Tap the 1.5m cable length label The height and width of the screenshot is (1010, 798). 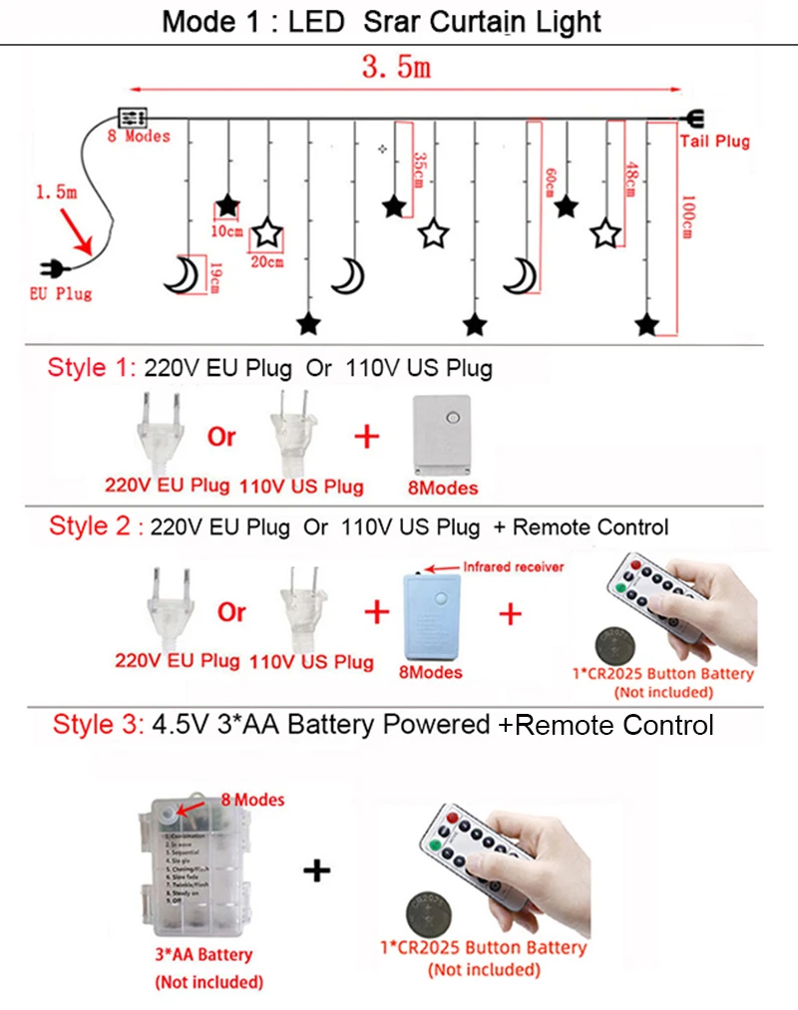click(x=56, y=191)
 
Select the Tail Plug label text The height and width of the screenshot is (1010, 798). click(x=714, y=142)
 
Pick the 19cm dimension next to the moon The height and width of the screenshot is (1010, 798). click(x=213, y=276)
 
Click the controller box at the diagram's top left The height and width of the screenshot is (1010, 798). click(x=134, y=116)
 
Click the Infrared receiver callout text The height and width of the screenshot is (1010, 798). click(x=514, y=566)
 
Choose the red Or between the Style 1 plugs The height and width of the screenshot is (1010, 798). click(x=221, y=437)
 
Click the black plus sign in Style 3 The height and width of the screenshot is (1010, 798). click(x=316, y=870)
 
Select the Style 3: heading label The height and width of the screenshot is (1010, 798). click(x=99, y=724)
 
